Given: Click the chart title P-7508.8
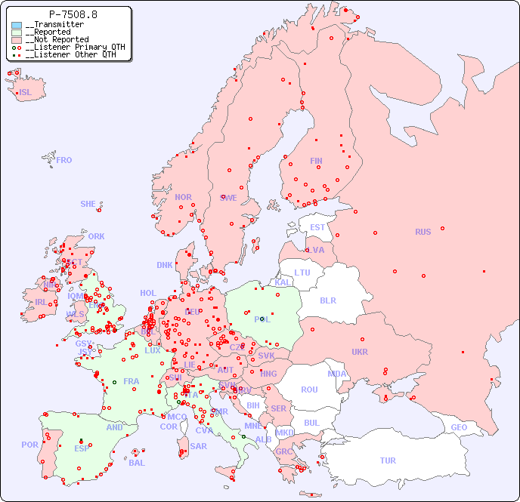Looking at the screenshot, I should [73, 14].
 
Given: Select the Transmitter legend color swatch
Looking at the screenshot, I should [17, 25].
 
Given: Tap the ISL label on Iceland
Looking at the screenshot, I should [26, 93].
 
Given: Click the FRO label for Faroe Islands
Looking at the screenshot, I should [64, 160].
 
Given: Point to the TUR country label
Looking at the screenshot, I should [388, 460].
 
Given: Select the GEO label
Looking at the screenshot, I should [459, 427].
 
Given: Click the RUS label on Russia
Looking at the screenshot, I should [422, 232].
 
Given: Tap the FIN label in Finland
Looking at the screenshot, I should [316, 161].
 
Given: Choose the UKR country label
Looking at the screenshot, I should [360, 352].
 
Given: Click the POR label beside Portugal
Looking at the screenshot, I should [29, 445].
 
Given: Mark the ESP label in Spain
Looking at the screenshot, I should [82, 448].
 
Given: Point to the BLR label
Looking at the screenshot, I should [328, 300].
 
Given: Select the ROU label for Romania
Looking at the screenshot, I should [309, 390].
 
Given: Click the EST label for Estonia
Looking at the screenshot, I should [317, 227].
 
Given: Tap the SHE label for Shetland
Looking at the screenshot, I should [88, 204].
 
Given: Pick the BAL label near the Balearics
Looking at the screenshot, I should [137, 463].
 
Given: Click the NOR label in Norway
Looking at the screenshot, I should [183, 197].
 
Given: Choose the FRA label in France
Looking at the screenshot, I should [132, 381].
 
